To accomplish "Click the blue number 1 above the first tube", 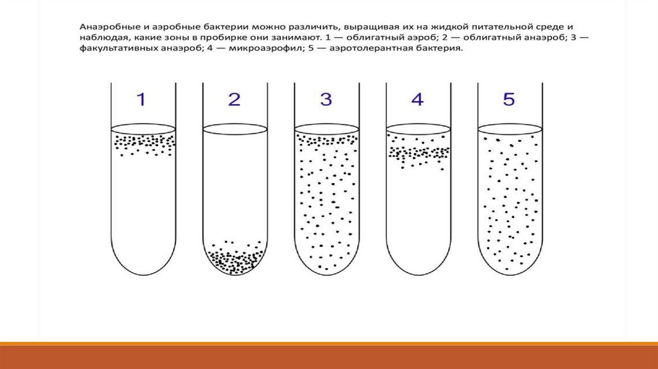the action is click(141, 99).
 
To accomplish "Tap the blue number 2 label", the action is click(234, 99).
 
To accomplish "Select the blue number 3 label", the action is click(326, 99).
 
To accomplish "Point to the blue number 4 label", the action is click(418, 99).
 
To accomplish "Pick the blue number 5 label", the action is click(509, 99).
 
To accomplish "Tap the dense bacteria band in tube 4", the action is click(418, 153).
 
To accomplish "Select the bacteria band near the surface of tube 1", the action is click(144, 145).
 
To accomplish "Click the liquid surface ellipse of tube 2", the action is click(235, 129).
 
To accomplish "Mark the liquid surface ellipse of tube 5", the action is click(510, 129).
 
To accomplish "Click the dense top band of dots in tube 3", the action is click(326, 140).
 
